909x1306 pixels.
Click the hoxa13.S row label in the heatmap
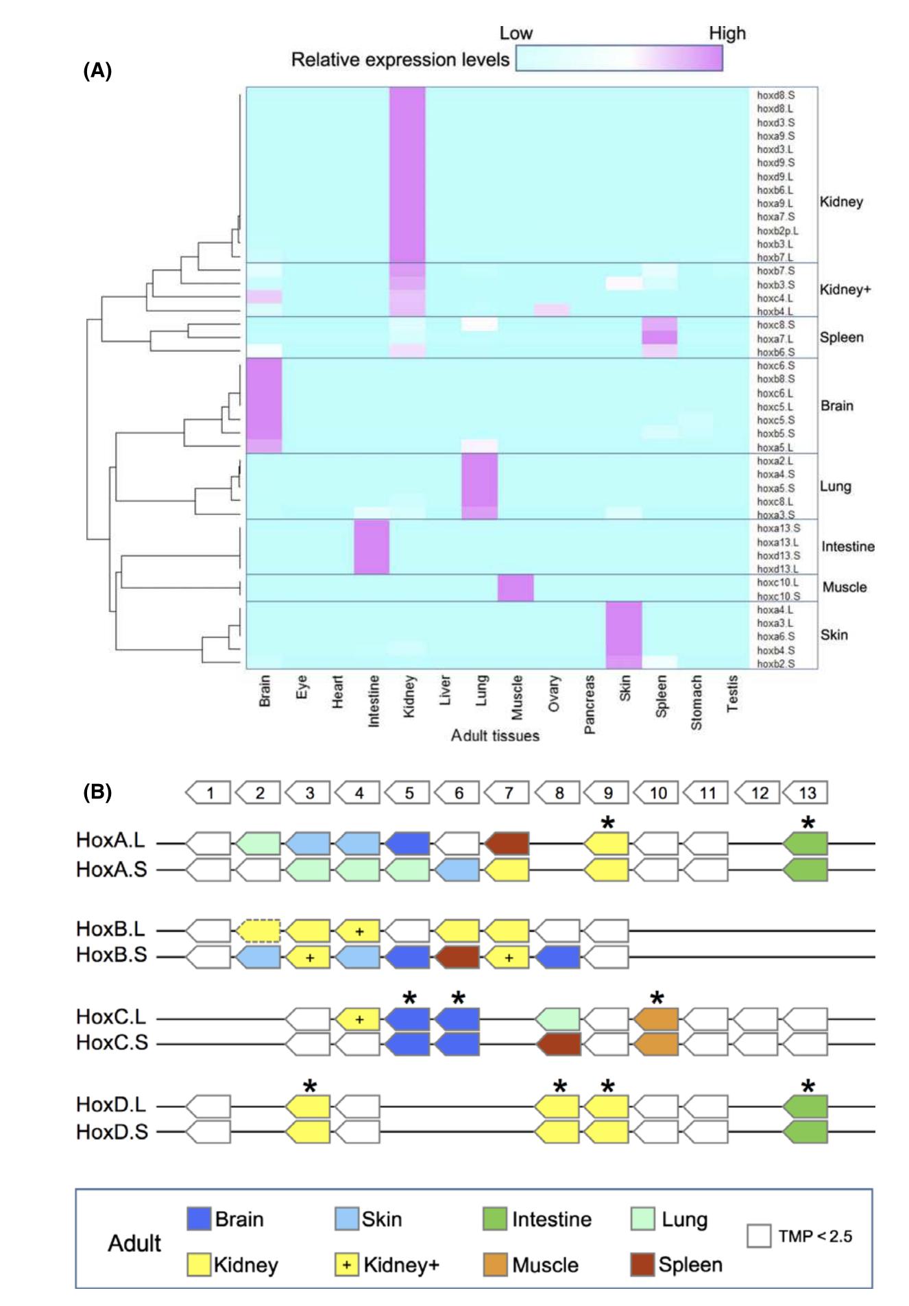point(777,528)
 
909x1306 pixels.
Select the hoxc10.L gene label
point(777,582)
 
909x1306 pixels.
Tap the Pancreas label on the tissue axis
point(589,704)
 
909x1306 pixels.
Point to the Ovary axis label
point(554,693)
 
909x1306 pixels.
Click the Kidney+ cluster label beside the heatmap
point(845,289)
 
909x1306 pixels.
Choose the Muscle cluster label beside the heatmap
point(844,587)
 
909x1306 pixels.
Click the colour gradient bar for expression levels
point(619,58)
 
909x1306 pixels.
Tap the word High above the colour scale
point(727,33)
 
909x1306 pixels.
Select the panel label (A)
point(97,71)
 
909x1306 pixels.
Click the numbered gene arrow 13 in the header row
point(805,793)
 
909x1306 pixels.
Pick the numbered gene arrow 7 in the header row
point(507,793)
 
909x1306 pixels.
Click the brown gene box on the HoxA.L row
point(507,843)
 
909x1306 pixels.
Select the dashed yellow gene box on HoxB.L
point(258,931)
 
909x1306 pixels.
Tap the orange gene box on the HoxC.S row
point(656,1044)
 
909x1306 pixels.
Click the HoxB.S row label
point(112,955)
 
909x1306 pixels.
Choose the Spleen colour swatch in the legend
point(642,1265)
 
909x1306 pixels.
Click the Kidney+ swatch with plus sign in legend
point(347,1265)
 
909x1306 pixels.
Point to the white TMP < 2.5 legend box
point(759,1236)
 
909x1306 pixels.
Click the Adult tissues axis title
point(495,735)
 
